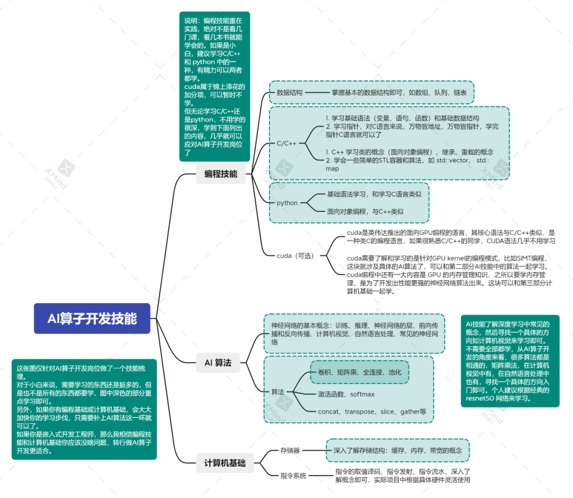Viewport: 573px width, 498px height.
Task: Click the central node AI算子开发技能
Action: [92, 318]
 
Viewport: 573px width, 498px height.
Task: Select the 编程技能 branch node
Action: [221, 174]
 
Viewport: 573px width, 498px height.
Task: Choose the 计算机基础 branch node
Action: [225, 463]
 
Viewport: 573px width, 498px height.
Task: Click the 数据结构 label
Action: [290, 93]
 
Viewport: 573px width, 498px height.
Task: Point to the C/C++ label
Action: [286, 143]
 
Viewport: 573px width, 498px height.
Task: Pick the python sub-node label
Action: [287, 203]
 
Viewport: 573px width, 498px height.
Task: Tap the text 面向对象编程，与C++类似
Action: [365, 211]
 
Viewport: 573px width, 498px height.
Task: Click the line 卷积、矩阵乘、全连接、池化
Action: [360, 372]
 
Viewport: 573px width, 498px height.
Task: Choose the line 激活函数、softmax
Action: [346, 394]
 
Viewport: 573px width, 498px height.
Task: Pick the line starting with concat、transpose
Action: [372, 412]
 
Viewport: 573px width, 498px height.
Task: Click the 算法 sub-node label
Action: [277, 392]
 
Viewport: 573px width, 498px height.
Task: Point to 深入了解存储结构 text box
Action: [397, 450]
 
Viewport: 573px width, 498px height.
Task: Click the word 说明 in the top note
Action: [190, 20]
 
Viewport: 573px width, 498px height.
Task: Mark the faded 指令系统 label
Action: [293, 475]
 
